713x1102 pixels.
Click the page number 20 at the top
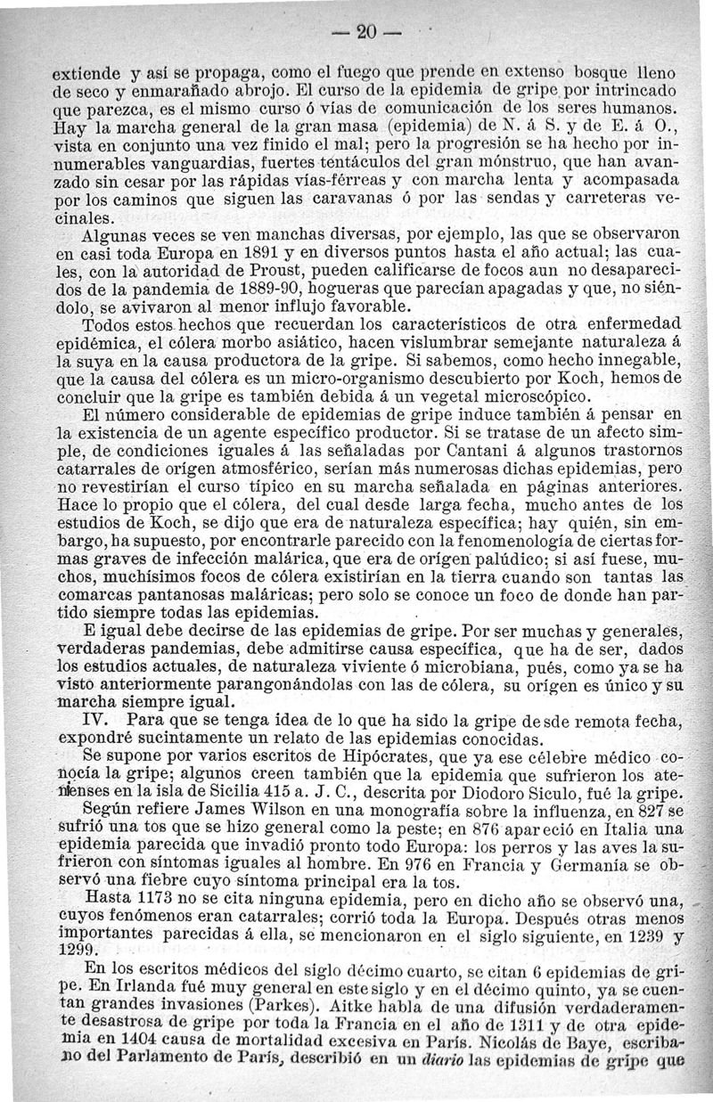pyautogui.click(x=363, y=31)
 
